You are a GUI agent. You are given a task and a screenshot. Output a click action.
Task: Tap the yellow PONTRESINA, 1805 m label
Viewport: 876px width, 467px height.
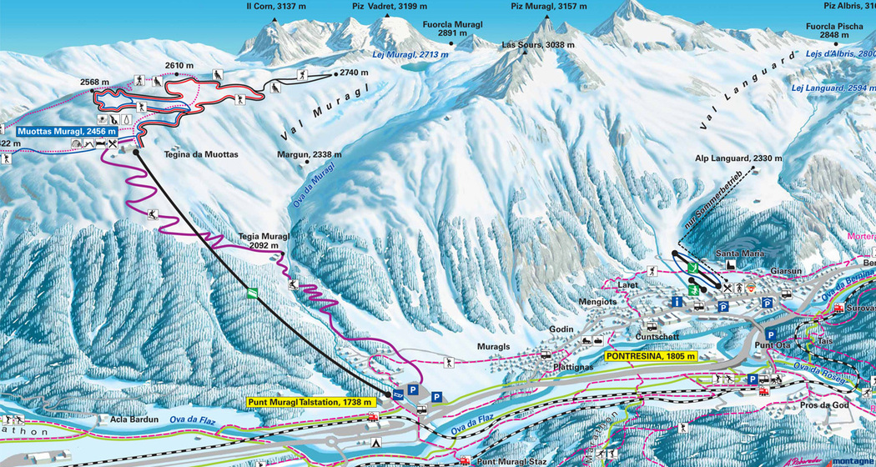click(650, 356)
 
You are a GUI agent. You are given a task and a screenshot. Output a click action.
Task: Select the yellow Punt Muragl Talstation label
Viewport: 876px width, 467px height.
click(312, 401)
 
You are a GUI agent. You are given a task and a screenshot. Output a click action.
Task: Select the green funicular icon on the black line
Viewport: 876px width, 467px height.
click(251, 291)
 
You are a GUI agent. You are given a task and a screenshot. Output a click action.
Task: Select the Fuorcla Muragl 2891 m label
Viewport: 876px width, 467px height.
click(452, 29)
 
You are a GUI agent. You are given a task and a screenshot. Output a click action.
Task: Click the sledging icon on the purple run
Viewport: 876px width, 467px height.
click(153, 215)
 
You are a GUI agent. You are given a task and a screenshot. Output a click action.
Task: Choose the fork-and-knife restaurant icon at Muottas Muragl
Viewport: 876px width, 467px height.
click(113, 144)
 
